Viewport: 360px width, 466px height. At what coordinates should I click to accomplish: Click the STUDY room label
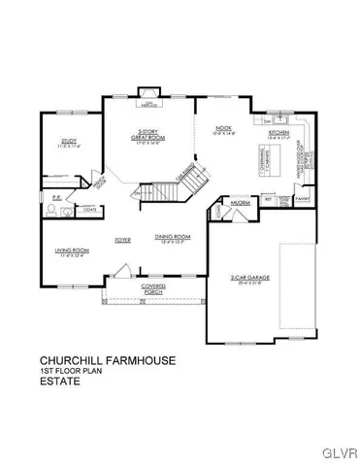click(68, 141)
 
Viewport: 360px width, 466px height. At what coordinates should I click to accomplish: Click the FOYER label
click(123, 236)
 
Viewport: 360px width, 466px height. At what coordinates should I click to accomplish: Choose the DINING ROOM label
click(172, 236)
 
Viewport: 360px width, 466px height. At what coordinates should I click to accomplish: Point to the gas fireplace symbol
click(149, 102)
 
